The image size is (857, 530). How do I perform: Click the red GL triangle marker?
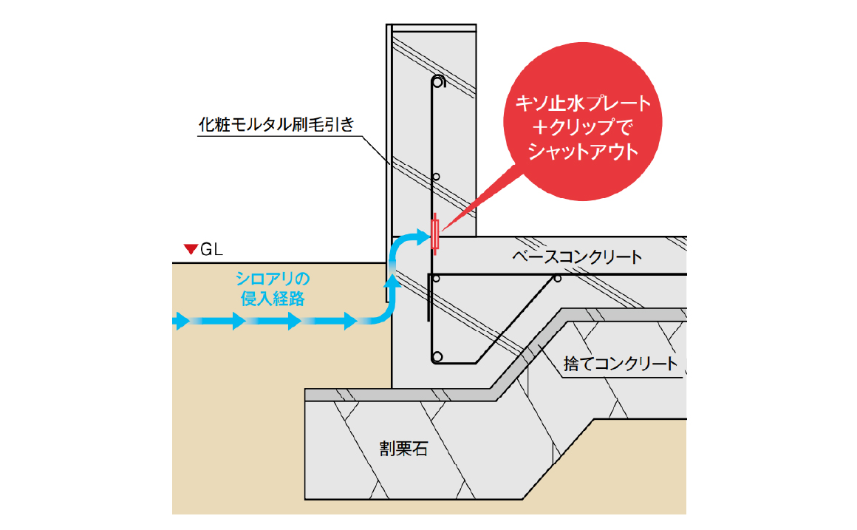click(x=190, y=249)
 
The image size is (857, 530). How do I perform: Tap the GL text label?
click(x=211, y=250)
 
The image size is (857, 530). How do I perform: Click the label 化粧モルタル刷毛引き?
click(x=276, y=124)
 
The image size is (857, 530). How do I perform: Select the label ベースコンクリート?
click(x=577, y=256)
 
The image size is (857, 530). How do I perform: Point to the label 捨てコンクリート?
click(x=621, y=364)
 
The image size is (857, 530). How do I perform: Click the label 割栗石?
click(x=403, y=449)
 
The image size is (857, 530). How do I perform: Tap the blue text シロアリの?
click(x=273, y=279)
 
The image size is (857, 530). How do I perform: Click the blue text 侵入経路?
click(x=273, y=299)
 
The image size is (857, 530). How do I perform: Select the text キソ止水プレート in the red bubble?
click(x=583, y=103)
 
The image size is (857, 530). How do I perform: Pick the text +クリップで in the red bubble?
click(x=583, y=127)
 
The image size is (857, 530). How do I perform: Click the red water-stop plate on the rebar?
click(x=435, y=234)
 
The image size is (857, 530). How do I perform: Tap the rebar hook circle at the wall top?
click(x=438, y=82)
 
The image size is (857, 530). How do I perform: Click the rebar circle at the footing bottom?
click(x=437, y=357)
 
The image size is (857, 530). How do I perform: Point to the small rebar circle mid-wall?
click(x=436, y=177)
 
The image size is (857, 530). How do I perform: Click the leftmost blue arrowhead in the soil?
click(x=181, y=321)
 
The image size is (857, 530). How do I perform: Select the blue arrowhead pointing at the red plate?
click(x=423, y=237)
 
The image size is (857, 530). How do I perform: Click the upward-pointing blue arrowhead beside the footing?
click(x=392, y=281)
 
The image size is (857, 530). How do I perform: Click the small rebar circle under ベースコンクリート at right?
click(x=558, y=279)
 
